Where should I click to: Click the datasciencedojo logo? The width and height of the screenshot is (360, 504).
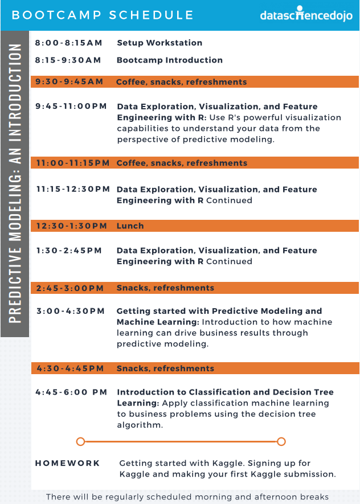pos(306,14)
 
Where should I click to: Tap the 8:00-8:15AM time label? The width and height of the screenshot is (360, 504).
pos(68,43)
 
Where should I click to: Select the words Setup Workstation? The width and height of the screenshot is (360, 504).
pos(159,43)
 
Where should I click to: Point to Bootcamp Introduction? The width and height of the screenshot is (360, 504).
pos(170,60)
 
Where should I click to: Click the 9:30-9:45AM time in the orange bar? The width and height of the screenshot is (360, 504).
pos(69,81)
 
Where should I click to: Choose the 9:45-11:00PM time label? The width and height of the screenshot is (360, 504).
pos(71,106)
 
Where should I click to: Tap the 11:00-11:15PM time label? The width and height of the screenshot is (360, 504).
pos(73,163)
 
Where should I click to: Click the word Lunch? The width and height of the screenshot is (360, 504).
pos(130,226)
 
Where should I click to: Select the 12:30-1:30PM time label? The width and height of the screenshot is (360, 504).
pos(71,226)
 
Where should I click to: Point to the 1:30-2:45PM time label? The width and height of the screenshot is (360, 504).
pos(69,251)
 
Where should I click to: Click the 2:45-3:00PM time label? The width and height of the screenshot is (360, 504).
pos(69,288)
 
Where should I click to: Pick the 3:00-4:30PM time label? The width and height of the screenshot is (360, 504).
pos(71,311)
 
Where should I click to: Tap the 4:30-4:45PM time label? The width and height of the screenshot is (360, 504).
pos(70,368)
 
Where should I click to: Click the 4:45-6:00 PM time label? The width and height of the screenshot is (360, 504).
pos(71,392)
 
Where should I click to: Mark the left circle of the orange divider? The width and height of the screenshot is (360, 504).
pos(81,442)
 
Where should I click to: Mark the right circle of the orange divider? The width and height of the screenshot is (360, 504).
pos(281,442)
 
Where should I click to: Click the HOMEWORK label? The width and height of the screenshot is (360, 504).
pos(67,463)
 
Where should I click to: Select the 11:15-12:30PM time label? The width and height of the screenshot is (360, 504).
pos(73,189)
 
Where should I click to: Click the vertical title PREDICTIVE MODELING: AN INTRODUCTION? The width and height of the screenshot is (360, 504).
pos(15,183)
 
